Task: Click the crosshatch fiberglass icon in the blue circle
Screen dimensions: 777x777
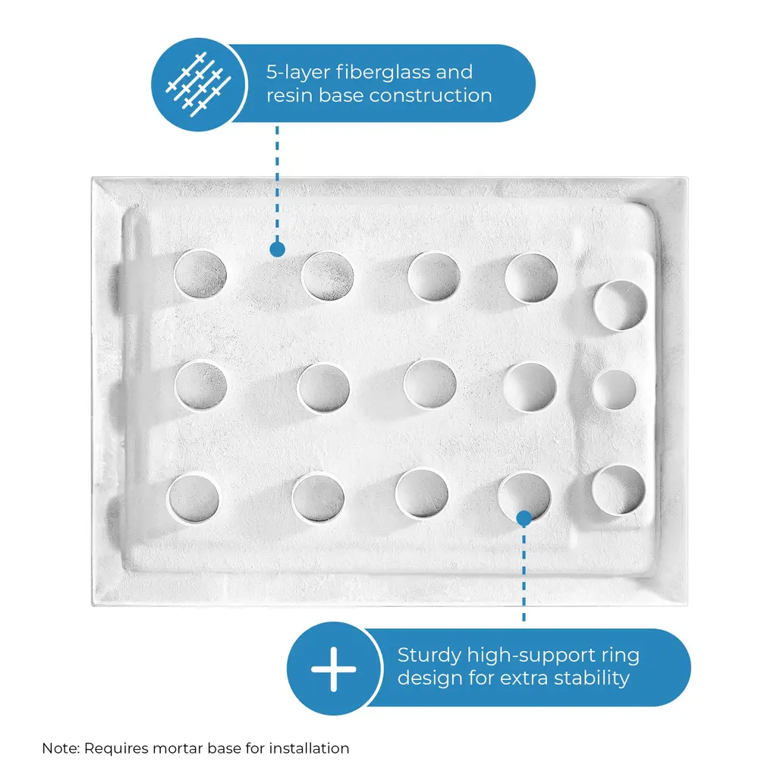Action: pyautogui.click(x=199, y=84)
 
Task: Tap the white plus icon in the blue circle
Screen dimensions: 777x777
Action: pyautogui.click(x=334, y=669)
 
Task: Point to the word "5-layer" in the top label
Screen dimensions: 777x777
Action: pyautogui.click(x=297, y=73)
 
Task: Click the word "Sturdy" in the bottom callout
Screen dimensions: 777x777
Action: pyautogui.click(x=429, y=656)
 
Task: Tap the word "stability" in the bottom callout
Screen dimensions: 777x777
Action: pyautogui.click(x=592, y=678)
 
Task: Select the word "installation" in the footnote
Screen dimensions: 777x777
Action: pyautogui.click(x=310, y=748)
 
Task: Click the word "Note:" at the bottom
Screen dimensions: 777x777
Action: pyautogui.click(x=61, y=748)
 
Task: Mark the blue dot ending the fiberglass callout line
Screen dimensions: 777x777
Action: pyautogui.click(x=278, y=249)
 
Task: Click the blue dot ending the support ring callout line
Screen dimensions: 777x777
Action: pyautogui.click(x=524, y=518)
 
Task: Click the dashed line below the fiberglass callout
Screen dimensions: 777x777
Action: pyautogui.click(x=278, y=184)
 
